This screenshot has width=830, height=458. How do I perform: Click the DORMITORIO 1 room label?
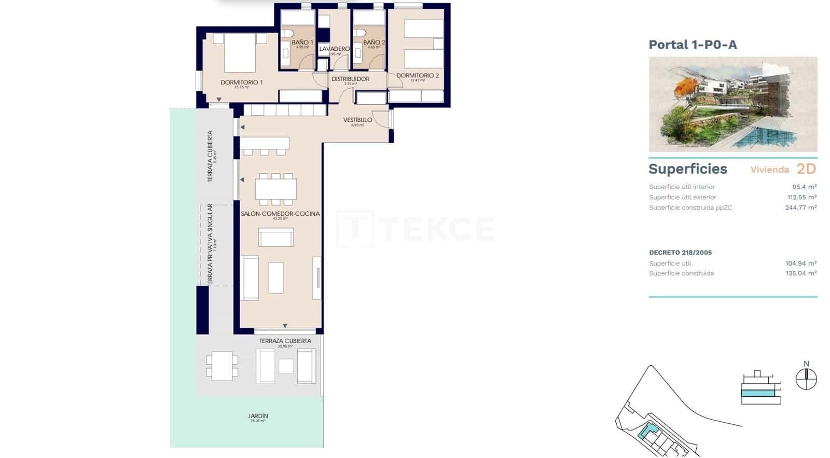tap(241, 82)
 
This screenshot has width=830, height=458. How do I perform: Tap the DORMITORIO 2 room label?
tap(418, 75)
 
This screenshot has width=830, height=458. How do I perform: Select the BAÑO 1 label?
tap(302, 43)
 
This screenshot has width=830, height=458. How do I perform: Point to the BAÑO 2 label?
tap(374, 43)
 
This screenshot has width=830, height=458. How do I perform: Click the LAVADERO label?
tap(334, 49)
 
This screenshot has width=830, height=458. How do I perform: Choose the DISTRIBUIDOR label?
tap(351, 79)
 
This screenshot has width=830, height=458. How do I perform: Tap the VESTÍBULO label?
tap(357, 120)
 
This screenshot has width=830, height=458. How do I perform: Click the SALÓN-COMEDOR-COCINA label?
tap(280, 214)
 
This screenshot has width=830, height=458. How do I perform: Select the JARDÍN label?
tap(258, 416)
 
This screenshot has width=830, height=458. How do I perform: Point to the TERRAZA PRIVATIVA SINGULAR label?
tap(210, 244)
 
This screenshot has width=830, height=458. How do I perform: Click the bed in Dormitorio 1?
tap(240, 52)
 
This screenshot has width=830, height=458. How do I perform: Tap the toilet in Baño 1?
tap(288, 34)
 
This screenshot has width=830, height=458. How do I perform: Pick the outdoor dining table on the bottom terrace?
tap(222, 366)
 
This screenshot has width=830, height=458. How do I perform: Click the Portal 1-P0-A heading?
tap(693, 45)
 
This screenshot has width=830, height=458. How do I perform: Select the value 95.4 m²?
tap(804, 187)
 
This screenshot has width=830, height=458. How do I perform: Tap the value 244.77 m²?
tap(800, 207)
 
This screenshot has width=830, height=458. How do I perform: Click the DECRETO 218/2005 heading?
tap(680, 253)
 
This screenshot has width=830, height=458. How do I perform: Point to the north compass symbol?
tap(806, 379)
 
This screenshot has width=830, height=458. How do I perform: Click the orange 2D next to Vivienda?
tap(806, 169)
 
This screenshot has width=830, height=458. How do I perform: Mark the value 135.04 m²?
tap(800, 273)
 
